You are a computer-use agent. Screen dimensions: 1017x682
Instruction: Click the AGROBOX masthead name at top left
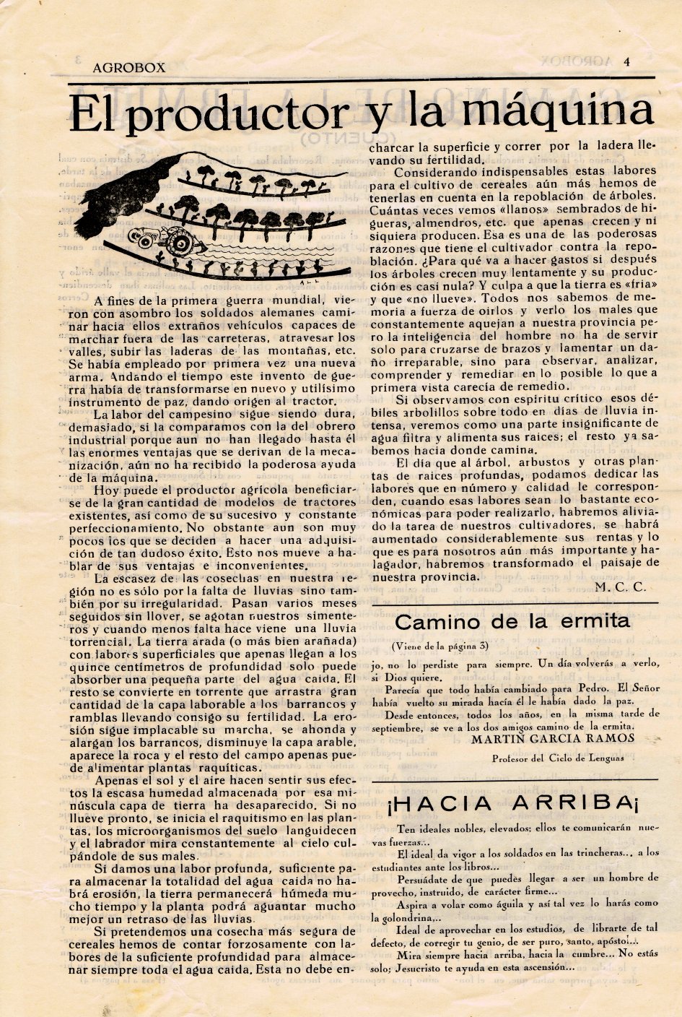tap(129, 68)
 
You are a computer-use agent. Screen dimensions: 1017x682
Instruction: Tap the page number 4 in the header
tap(627, 61)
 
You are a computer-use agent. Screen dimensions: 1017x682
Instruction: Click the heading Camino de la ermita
tap(512, 621)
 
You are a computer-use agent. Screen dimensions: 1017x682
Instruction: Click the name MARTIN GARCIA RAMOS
tap(552, 738)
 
